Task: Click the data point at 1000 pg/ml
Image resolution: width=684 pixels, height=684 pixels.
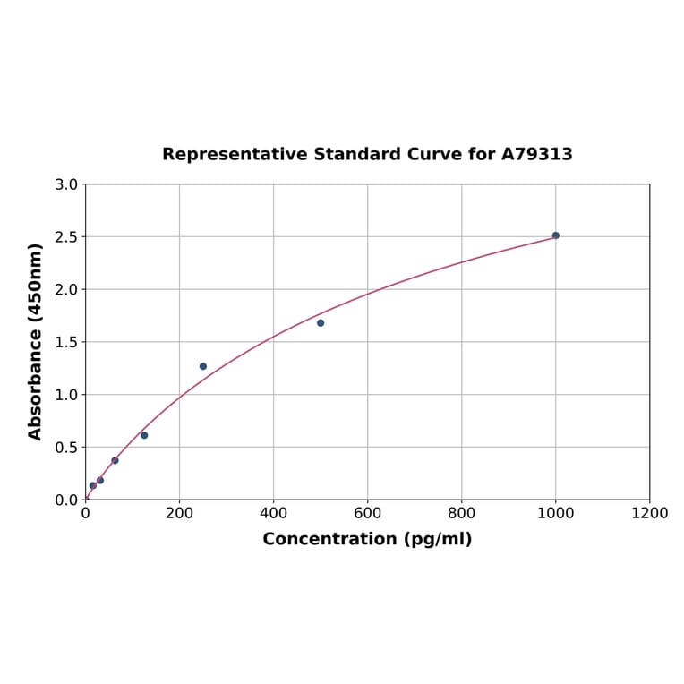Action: pyautogui.click(x=555, y=235)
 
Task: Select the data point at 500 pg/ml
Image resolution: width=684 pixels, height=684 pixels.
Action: pyautogui.click(x=321, y=322)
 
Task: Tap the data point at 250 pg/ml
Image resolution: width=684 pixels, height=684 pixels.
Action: pyautogui.click(x=203, y=366)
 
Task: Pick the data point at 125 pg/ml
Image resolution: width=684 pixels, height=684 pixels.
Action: pyautogui.click(x=144, y=435)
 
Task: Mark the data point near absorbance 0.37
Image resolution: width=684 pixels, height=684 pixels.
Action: pyautogui.click(x=115, y=460)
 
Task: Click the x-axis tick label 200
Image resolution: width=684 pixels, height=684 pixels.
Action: pyautogui.click(x=179, y=513)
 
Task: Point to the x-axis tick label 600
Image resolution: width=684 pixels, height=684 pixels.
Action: pyautogui.click(x=367, y=513)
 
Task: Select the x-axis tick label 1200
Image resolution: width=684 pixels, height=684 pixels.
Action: pyautogui.click(x=649, y=513)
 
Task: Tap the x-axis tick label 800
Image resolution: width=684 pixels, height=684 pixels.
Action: pyautogui.click(x=461, y=513)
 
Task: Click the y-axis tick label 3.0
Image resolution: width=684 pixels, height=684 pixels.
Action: pyautogui.click(x=66, y=184)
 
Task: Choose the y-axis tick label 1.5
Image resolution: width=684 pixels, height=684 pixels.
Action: pyautogui.click(x=66, y=342)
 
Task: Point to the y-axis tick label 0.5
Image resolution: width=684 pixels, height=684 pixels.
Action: pyautogui.click(x=66, y=447)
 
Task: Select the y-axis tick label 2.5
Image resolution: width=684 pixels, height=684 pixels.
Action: pyautogui.click(x=66, y=237)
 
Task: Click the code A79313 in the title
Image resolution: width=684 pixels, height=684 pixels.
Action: pyautogui.click(x=536, y=154)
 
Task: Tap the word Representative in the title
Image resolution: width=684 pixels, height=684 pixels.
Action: pyautogui.click(x=235, y=154)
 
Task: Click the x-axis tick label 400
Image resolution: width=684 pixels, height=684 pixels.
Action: pyautogui.click(x=273, y=513)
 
